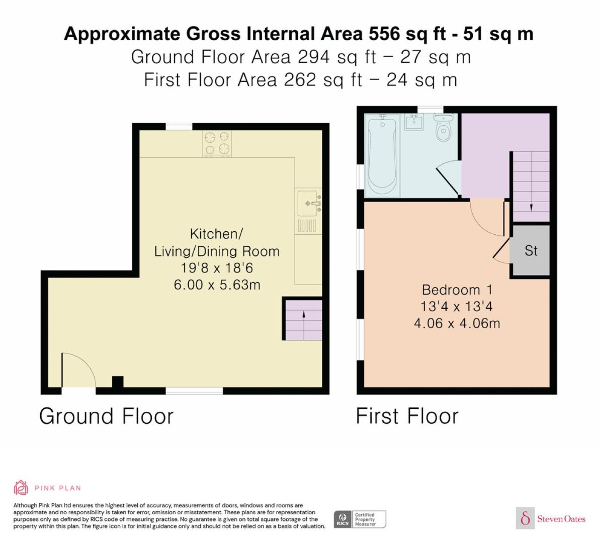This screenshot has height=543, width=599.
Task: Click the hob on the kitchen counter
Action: tap(217, 144)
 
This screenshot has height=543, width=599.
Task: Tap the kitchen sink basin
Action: tap(307, 204)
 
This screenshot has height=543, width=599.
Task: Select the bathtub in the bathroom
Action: tap(382, 155)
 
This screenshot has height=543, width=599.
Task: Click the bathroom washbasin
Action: tap(414, 122)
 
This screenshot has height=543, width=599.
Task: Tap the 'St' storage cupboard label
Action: tap(531, 251)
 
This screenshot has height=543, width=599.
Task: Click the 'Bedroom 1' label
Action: tap(457, 290)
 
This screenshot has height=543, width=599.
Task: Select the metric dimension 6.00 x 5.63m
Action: tap(217, 285)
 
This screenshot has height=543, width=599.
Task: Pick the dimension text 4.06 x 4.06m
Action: tap(457, 323)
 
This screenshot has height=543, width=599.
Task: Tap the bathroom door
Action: tap(447, 180)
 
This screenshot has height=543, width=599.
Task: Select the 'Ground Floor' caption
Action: tap(106, 416)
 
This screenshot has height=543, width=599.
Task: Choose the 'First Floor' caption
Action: tap(407, 416)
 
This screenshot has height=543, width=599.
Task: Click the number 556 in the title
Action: tap(384, 34)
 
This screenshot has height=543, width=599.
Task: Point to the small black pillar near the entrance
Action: tap(118, 383)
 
